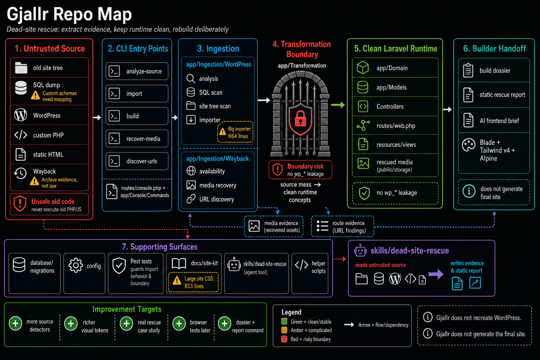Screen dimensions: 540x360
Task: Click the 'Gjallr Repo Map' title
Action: point(69,14)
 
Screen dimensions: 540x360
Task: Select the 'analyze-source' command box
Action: point(137,71)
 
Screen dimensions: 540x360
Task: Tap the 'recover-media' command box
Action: point(137,139)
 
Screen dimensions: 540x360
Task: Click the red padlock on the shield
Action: point(300,118)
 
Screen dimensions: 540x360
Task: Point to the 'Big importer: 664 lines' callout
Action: point(235,132)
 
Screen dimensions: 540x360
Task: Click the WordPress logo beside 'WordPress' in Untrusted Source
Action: point(21,115)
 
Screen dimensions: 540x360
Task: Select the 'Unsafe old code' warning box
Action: point(50,204)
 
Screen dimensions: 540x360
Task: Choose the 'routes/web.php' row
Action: point(395,126)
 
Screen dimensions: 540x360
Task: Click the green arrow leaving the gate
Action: point(338,105)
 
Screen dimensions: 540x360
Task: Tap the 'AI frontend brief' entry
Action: point(494,120)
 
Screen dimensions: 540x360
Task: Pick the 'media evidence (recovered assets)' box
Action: point(274,226)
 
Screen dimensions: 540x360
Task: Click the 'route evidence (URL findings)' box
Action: point(342,226)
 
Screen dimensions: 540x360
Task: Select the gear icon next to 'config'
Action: point(76,265)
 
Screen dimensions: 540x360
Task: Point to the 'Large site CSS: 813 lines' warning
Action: point(193,282)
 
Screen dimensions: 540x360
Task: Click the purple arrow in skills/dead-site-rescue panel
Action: point(436,274)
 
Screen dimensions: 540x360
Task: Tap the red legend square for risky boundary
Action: point(284,339)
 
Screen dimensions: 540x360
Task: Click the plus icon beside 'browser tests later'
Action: point(179,323)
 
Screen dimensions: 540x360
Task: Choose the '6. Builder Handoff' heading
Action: point(494,49)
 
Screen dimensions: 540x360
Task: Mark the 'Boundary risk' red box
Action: point(300,170)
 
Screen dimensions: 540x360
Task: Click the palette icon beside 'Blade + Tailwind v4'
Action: point(468,145)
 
